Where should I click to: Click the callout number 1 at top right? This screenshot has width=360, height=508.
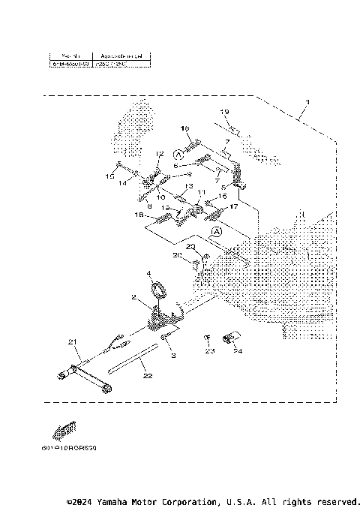[x=306, y=101]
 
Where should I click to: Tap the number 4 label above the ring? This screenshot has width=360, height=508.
[x=148, y=273]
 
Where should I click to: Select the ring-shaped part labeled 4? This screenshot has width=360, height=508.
[x=157, y=289]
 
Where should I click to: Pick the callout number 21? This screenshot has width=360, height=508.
[x=73, y=342]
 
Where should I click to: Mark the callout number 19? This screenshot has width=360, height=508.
[x=223, y=112]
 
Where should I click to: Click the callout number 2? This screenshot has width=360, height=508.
[x=133, y=297]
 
